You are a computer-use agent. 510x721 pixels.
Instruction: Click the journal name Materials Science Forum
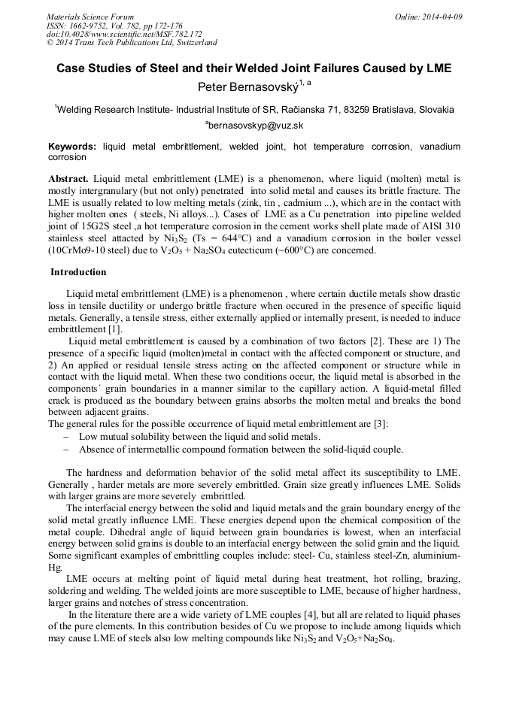click(x=90, y=17)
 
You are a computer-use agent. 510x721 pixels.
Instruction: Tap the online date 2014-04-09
click(x=439, y=17)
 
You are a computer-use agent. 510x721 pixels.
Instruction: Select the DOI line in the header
click(x=124, y=34)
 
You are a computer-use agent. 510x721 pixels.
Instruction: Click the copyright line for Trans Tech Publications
click(x=132, y=43)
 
